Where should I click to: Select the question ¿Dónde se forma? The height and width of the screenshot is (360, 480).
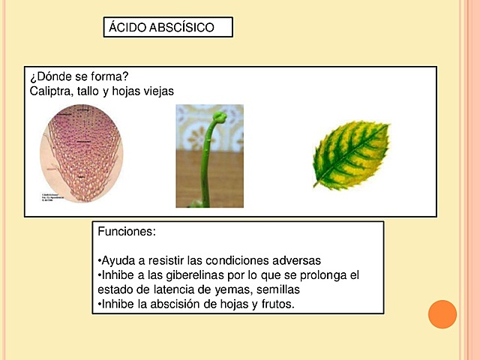79,77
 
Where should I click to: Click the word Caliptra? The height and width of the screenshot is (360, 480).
49,91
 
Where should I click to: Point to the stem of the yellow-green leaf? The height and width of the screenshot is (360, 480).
318,183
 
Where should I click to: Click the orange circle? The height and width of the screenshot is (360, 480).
442,313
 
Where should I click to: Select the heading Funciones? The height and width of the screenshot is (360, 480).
127,232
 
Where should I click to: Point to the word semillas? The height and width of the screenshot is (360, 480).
286,289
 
